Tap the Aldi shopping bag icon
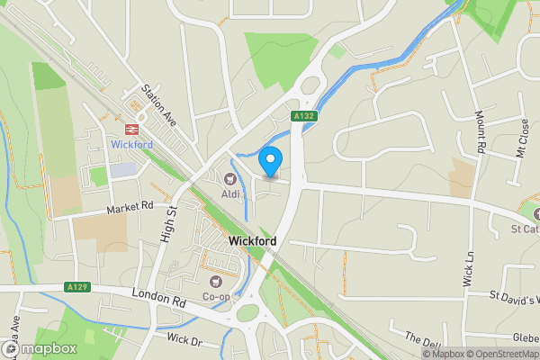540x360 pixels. (230, 179)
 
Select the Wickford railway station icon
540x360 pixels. (131, 129)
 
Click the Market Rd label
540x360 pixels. (130, 208)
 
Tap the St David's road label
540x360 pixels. (513, 297)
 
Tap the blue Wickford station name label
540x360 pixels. (131, 144)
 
